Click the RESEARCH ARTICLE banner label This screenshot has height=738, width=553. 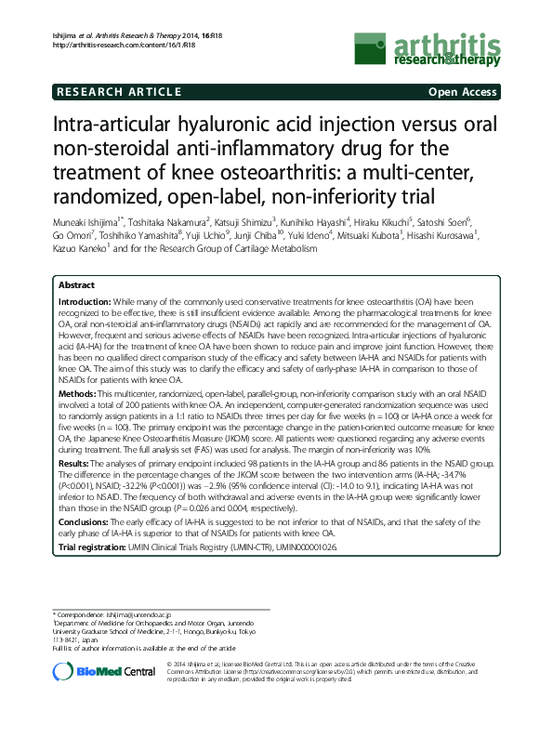click(x=118, y=92)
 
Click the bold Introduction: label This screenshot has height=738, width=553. click(x=85, y=303)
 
